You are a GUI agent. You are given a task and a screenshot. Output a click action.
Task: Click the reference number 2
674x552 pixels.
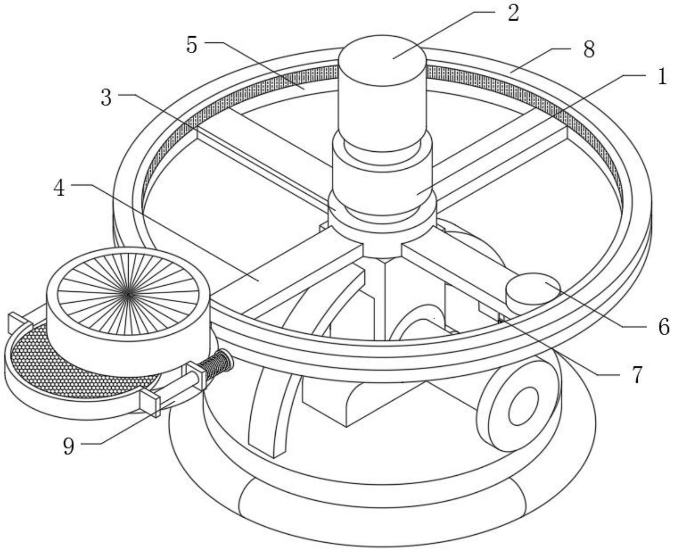(x=513, y=13)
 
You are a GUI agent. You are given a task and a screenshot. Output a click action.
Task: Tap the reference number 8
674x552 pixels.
(x=589, y=50)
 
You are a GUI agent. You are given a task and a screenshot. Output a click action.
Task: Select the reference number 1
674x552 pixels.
(x=662, y=77)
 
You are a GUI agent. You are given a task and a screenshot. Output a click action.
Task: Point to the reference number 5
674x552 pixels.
(x=192, y=45)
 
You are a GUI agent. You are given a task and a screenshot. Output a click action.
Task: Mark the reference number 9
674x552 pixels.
(x=69, y=446)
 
